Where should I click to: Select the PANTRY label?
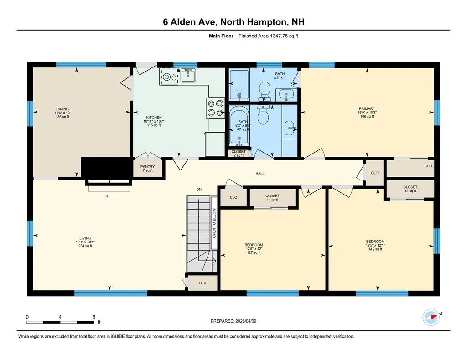click(147, 167)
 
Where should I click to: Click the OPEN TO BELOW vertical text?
click(213, 223)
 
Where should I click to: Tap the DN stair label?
click(199, 189)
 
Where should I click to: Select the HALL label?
click(260, 174)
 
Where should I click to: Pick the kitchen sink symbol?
click(188, 75)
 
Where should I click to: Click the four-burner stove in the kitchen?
click(216, 108)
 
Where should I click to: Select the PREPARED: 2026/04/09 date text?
click(236, 321)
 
